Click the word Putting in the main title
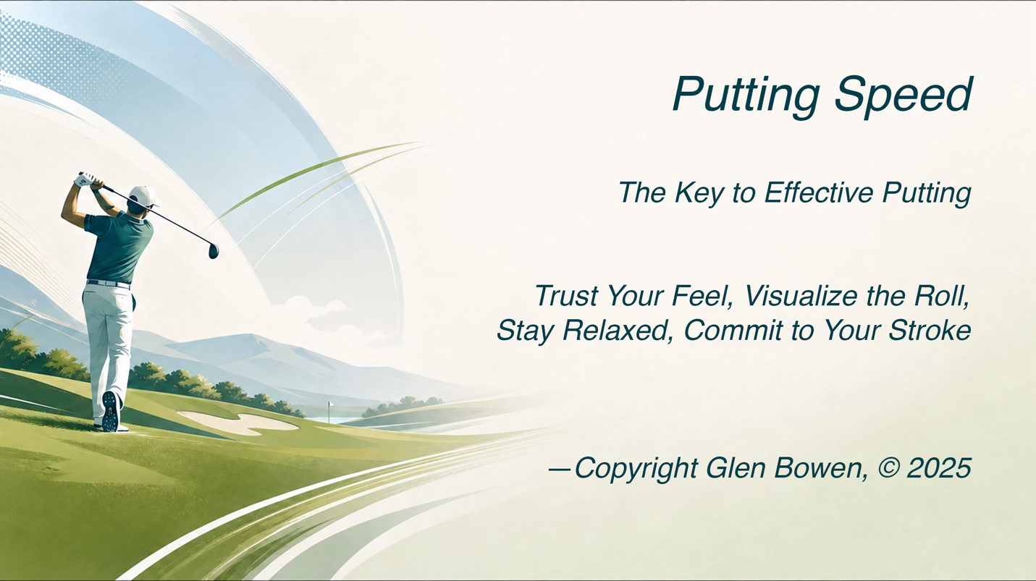click(x=746, y=96)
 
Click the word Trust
click(x=567, y=296)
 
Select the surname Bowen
click(x=819, y=468)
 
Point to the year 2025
click(x=938, y=467)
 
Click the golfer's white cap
click(x=143, y=196)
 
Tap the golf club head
click(x=214, y=250)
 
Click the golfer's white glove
click(x=85, y=179)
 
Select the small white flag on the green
click(x=329, y=405)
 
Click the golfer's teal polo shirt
click(x=119, y=247)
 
